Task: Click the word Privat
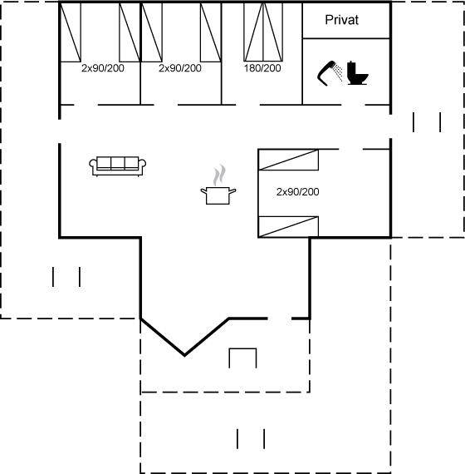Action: point(342,20)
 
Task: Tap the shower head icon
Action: point(330,72)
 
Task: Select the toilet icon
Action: point(358,73)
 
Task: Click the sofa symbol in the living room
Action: point(118,166)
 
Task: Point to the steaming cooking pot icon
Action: point(218,185)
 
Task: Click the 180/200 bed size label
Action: point(262,68)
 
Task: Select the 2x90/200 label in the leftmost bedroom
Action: point(103,68)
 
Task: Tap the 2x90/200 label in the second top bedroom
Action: point(180,68)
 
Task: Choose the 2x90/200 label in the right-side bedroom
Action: point(298,191)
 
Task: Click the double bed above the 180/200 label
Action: point(263,32)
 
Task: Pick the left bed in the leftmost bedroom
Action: point(71,32)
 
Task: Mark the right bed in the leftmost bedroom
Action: point(130,32)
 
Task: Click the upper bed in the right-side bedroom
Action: point(289,160)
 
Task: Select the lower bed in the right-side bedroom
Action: point(289,227)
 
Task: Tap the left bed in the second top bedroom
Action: point(152,32)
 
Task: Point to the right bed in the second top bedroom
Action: point(211,32)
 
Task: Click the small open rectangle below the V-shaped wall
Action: point(242,349)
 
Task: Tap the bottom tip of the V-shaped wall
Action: point(185,356)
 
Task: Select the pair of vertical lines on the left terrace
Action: point(66,277)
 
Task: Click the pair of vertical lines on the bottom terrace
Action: point(251,438)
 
